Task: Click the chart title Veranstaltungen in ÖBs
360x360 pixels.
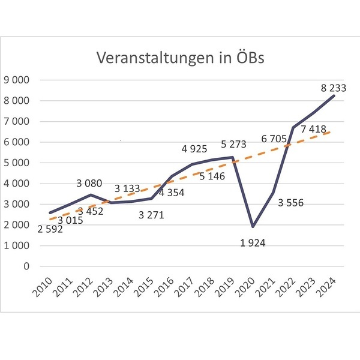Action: [180, 59]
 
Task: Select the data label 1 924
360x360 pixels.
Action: [253, 242]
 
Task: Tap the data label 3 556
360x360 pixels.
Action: [290, 203]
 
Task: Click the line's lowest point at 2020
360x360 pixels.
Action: [253, 226]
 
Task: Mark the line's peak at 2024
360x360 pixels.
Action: [333, 96]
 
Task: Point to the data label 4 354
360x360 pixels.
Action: [173, 193]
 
